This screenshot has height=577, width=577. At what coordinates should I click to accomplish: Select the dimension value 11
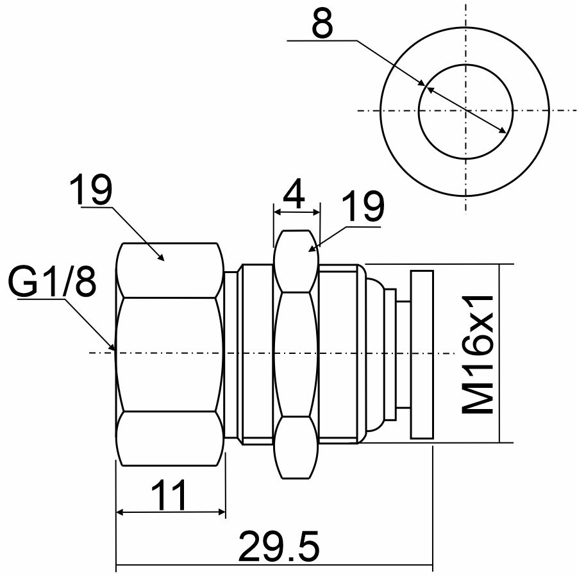(170, 494)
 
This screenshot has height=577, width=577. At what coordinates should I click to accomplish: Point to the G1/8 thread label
(53, 283)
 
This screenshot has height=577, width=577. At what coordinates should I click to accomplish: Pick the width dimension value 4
(296, 197)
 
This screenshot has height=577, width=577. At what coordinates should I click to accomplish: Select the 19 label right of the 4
(362, 207)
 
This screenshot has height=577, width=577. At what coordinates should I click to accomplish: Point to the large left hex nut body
(170, 353)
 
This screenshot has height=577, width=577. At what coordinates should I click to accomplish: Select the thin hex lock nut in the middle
(296, 353)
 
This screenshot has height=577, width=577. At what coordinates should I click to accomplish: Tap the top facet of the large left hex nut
(170, 269)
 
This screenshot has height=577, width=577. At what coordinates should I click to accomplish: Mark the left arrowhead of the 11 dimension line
(120, 512)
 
